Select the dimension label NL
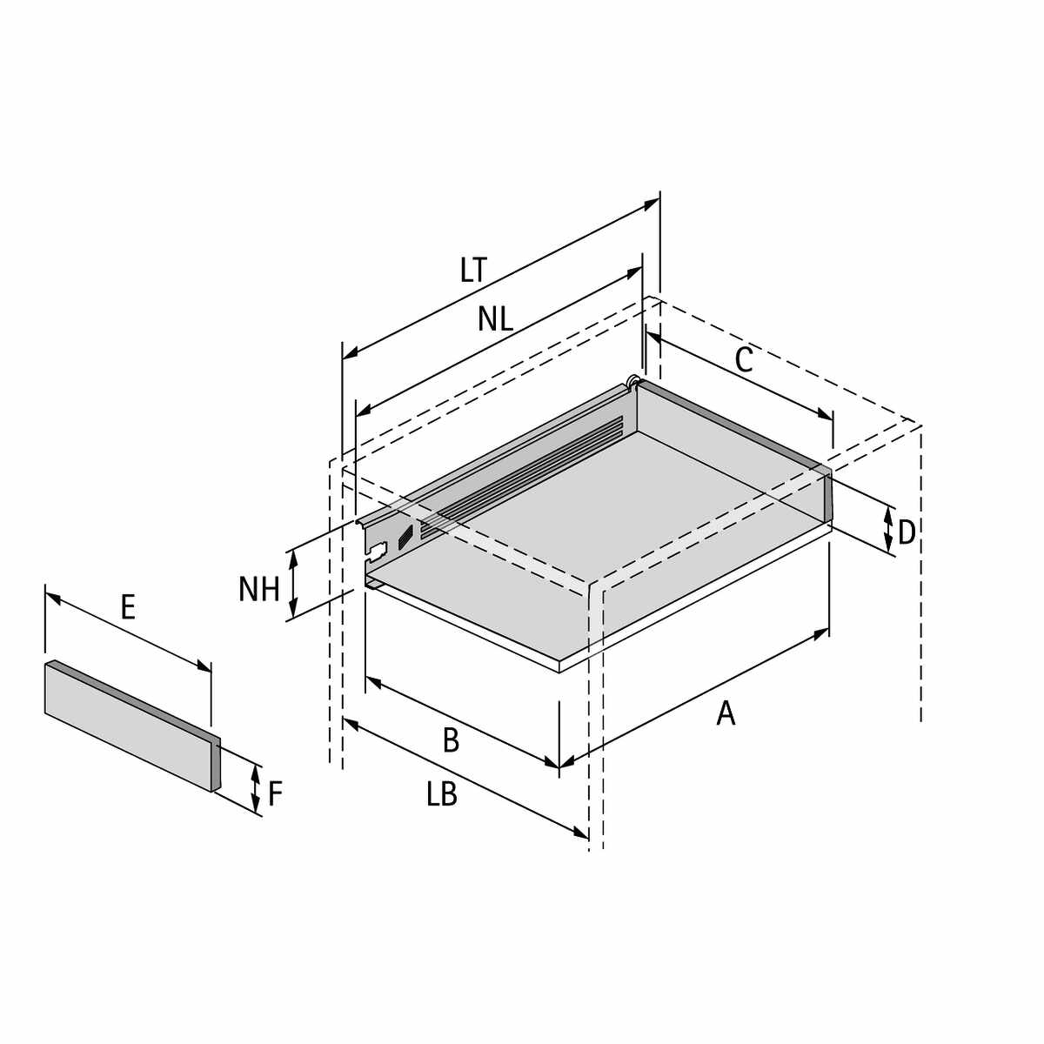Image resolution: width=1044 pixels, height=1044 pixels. point(495,318)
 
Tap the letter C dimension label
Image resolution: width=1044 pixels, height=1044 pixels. point(744,359)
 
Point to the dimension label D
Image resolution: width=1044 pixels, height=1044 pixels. point(907,532)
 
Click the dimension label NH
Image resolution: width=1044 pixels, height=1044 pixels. point(259,589)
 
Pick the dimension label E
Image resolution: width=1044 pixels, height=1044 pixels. point(128,606)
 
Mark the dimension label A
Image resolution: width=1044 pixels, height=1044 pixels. point(726,713)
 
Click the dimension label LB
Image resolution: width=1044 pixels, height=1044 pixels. point(442,795)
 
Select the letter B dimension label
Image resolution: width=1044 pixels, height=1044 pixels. point(451,740)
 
